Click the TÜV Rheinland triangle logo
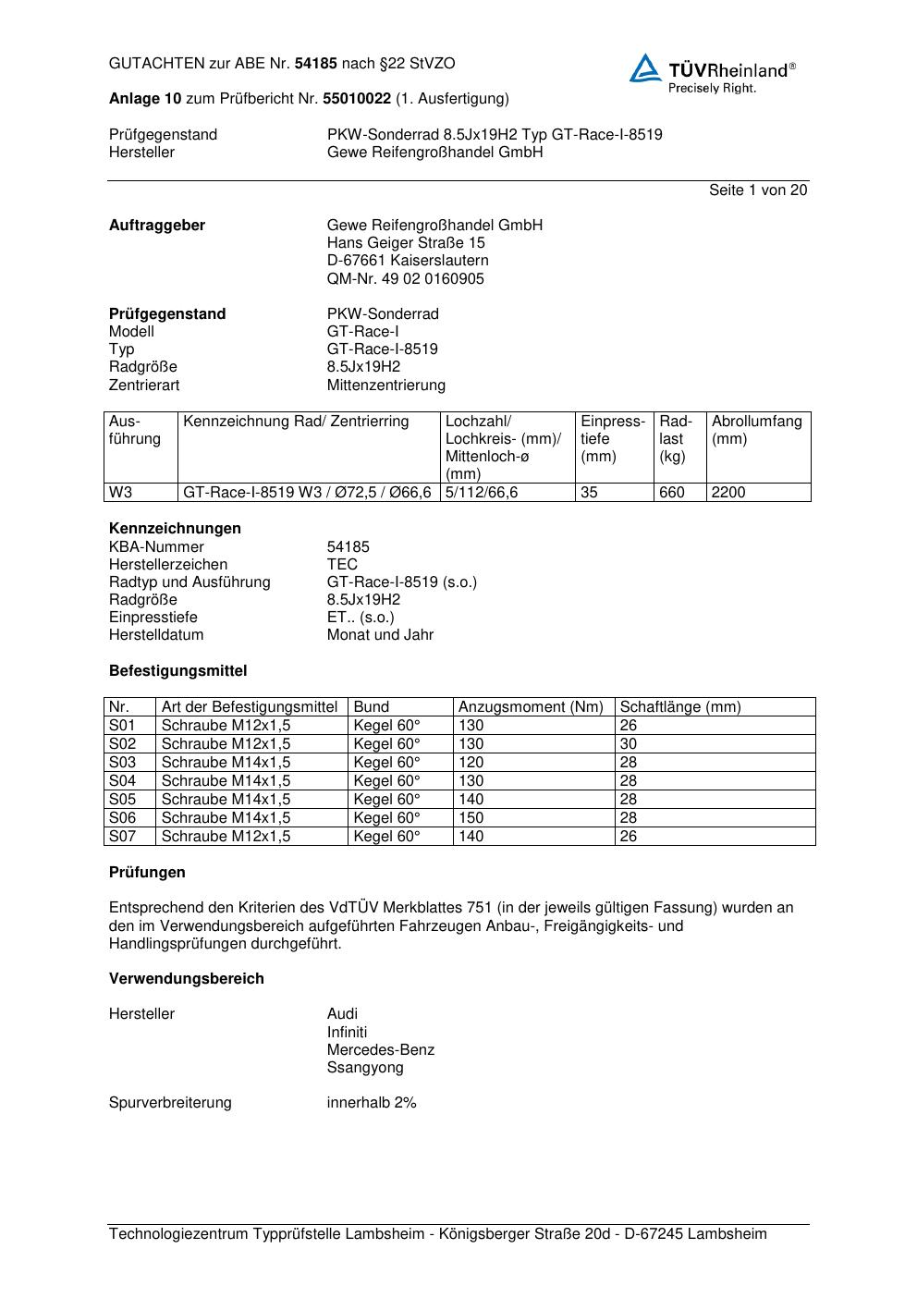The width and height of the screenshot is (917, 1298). click(645, 68)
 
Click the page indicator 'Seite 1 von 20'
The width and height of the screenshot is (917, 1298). click(758, 190)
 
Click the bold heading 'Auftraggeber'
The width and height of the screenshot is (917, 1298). click(157, 226)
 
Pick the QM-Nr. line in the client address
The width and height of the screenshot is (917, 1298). click(405, 278)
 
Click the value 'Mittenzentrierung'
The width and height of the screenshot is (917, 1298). click(385, 385)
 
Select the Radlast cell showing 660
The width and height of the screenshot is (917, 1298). click(672, 493)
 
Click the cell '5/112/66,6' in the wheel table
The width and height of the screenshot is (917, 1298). click(482, 493)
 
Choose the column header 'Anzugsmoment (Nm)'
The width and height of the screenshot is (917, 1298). click(531, 707)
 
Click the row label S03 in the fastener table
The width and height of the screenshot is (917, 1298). click(122, 763)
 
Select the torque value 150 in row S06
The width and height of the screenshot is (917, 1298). click(471, 818)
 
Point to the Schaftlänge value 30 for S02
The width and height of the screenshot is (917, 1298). click(629, 744)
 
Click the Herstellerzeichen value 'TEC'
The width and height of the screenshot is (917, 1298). click(342, 564)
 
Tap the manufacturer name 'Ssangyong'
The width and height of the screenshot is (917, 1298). click(365, 1067)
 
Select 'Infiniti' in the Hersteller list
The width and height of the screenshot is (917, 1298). click(347, 1032)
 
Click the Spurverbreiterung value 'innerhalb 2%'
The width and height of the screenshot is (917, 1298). click(372, 1103)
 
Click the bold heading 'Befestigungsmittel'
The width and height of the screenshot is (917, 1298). click(177, 671)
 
